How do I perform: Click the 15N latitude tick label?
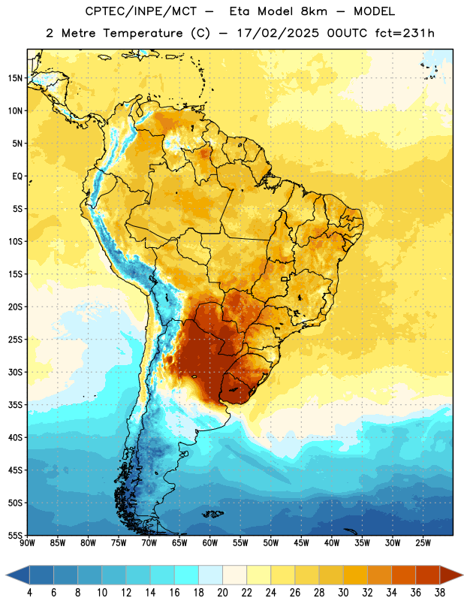pos(15,78)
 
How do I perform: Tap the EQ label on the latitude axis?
pos(17,177)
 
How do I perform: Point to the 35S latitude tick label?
pos(15,405)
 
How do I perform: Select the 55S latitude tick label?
pos(15,535)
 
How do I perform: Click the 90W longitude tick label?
pos(27,543)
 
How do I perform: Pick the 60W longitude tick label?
pos(210,543)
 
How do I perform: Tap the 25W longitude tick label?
pos(423,543)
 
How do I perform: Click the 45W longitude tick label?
pos(302,543)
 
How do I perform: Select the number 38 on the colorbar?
pos(440,593)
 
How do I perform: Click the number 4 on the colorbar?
pos(29,593)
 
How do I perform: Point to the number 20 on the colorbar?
pos(222,593)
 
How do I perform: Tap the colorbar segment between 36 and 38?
pos(428,576)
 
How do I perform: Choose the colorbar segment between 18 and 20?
pos(211,576)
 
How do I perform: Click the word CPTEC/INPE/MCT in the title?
pos(140,11)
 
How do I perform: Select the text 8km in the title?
pos(314,11)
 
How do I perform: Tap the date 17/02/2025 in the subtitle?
pos(278,33)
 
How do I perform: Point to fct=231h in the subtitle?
pos(405,33)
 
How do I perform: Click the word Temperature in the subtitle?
pos(143,34)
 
